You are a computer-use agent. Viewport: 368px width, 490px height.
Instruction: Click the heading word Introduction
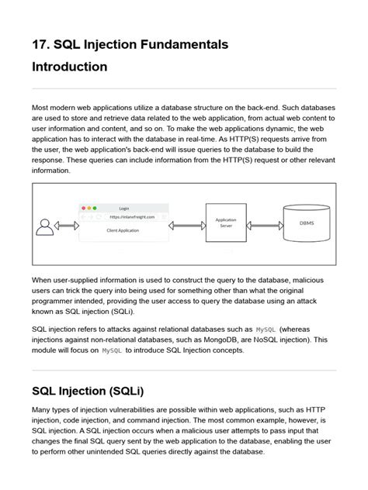coord(69,67)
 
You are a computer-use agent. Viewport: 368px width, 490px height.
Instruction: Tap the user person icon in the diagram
coord(44,226)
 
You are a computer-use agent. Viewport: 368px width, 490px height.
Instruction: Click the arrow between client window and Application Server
coord(186,224)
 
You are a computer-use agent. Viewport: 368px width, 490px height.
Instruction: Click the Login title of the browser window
coord(124,208)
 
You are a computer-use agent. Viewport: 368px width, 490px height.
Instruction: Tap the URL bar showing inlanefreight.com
coord(126,218)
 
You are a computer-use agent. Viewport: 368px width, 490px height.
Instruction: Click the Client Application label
coord(123,230)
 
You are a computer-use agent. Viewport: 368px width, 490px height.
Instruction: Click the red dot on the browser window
coord(84,208)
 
